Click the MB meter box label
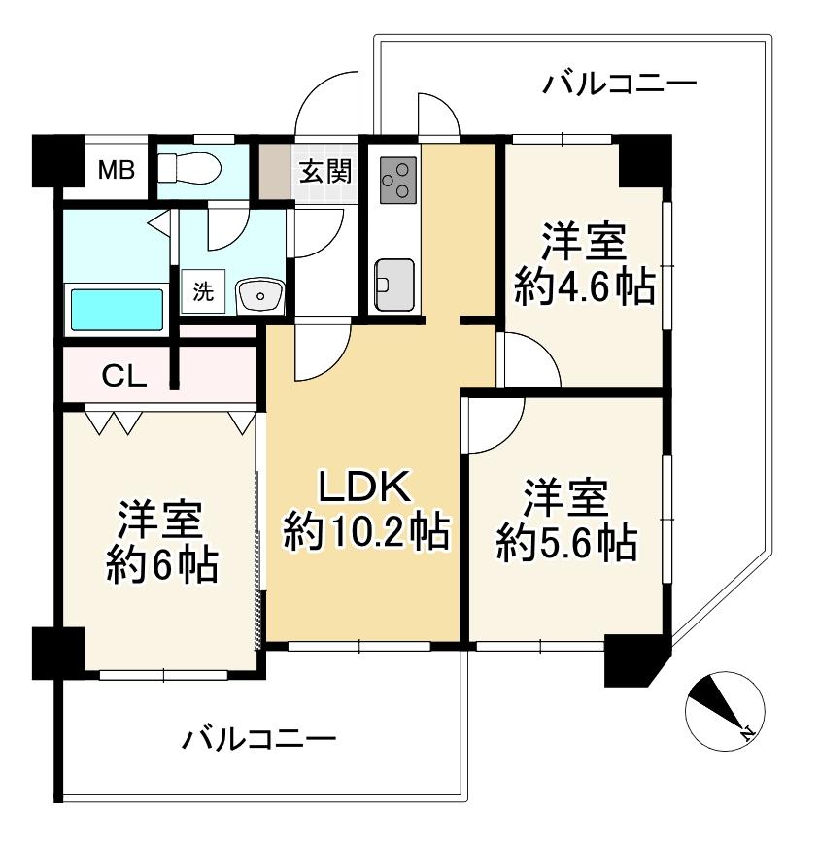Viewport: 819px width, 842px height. pos(116,171)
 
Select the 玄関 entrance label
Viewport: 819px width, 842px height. pos(325,171)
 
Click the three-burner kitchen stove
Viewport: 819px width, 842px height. pos(398,181)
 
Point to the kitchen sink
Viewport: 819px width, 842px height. pos(394,286)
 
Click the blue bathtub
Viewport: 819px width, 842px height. pos(117,311)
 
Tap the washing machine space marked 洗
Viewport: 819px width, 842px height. pos(203,291)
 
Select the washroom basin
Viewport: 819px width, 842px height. pos(260,296)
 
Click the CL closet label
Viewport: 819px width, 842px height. pos(124,377)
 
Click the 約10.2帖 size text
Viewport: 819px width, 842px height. pos(366,531)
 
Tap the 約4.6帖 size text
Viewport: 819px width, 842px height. pos(584,286)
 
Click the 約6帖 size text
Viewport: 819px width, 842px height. pos(161,564)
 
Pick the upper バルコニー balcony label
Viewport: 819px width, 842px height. pos(619,84)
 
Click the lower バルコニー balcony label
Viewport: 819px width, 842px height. pos(258,739)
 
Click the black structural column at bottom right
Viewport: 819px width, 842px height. pos(636,660)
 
